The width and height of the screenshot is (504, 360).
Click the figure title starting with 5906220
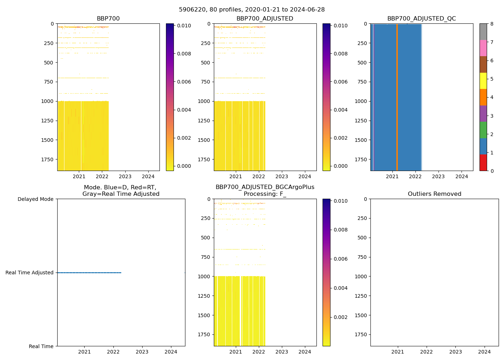(252, 10)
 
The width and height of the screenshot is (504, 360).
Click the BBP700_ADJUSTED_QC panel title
(421, 19)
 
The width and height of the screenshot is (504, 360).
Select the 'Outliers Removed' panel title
(434, 194)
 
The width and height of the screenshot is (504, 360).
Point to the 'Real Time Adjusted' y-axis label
(30, 273)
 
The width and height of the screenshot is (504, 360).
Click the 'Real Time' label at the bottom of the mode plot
(41, 346)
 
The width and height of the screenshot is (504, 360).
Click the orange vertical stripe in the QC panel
(397, 97)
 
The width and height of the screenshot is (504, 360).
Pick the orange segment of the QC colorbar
(483, 97)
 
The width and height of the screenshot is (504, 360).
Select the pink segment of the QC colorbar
(483, 48)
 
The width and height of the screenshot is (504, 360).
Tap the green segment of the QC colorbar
(483, 130)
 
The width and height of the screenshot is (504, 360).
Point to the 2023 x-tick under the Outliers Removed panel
(455, 352)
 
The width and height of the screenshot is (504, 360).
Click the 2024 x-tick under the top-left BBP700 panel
(148, 176)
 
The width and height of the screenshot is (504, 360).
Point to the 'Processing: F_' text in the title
(265, 194)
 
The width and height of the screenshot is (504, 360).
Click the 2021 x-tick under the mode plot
(84, 352)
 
